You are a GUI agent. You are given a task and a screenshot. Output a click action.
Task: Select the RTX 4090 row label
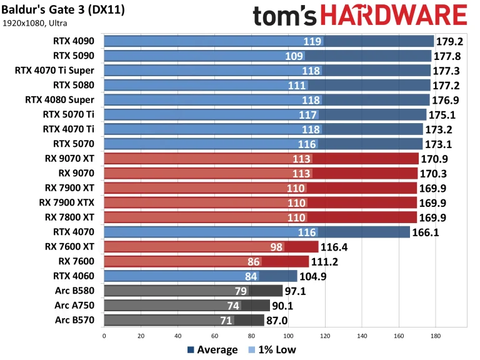(x=74, y=41)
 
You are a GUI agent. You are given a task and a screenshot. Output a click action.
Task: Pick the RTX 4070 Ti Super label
(x=54, y=71)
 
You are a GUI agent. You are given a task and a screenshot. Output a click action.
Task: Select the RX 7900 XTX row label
(x=69, y=202)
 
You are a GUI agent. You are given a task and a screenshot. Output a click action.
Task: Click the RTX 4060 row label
(x=74, y=275)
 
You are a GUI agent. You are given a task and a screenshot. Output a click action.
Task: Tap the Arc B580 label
(x=74, y=290)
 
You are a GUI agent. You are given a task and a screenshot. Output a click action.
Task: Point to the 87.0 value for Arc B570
(x=277, y=320)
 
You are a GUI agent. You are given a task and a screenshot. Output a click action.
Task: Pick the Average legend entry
(x=212, y=350)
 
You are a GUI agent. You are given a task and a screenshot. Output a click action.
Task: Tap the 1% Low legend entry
(x=272, y=350)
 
